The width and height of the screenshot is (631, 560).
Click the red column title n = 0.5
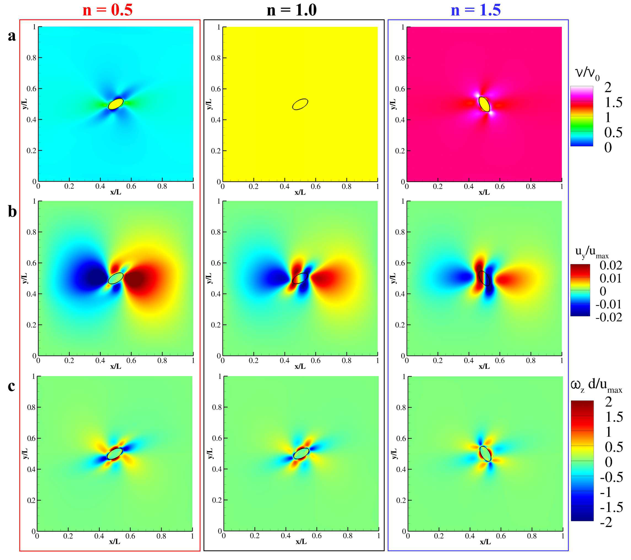pyautogui.click(x=107, y=10)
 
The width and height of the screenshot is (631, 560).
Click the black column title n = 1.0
pyautogui.click(x=292, y=10)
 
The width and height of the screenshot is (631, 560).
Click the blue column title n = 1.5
pyautogui.click(x=476, y=10)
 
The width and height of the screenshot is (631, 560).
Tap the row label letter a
pyautogui.click(x=12, y=36)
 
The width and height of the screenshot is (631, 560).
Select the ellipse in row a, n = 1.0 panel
pyautogui.click(x=300, y=104)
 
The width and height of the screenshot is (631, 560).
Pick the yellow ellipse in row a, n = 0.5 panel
pyautogui.click(x=116, y=104)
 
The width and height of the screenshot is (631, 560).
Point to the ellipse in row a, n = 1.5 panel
pyautogui.click(x=484, y=104)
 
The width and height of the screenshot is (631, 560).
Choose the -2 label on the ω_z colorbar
pyautogui.click(x=606, y=522)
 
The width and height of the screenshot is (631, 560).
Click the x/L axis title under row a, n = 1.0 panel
pyautogui.click(x=300, y=192)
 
